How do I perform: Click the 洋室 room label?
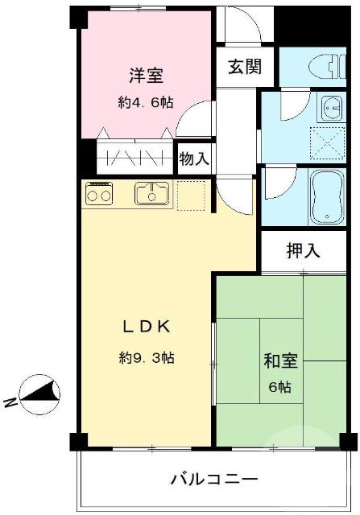[x=147, y=76]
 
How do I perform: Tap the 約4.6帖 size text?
[x=146, y=102]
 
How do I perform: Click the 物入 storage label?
[x=194, y=159]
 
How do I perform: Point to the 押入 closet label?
[x=303, y=250]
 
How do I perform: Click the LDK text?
[x=145, y=327]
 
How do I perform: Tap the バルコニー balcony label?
[x=213, y=479]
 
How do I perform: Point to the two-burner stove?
[x=99, y=194]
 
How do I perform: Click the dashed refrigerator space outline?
[x=191, y=196]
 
